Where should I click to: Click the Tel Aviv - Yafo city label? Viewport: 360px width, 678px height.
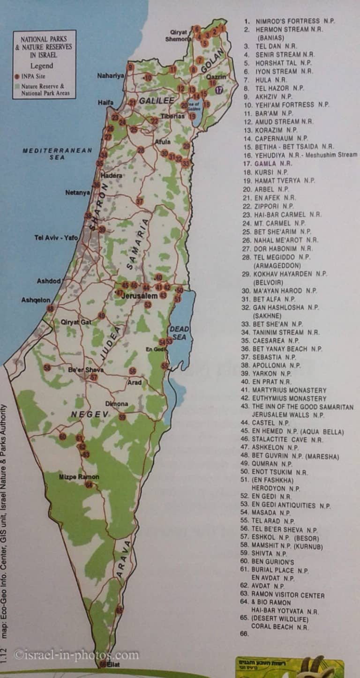[56, 238]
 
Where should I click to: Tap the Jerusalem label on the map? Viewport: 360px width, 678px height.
[139, 296]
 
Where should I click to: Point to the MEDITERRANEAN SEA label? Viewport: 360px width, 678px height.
[45, 154]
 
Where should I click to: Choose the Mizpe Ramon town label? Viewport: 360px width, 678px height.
[79, 477]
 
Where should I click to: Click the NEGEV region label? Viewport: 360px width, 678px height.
[90, 414]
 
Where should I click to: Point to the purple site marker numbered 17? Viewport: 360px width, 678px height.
[219, 90]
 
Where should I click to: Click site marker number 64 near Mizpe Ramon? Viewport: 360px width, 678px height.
[89, 484]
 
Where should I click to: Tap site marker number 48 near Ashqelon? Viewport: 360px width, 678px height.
[50, 308]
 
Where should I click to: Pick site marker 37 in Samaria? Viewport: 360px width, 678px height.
[139, 201]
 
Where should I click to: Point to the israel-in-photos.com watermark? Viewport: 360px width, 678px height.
[76, 655]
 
